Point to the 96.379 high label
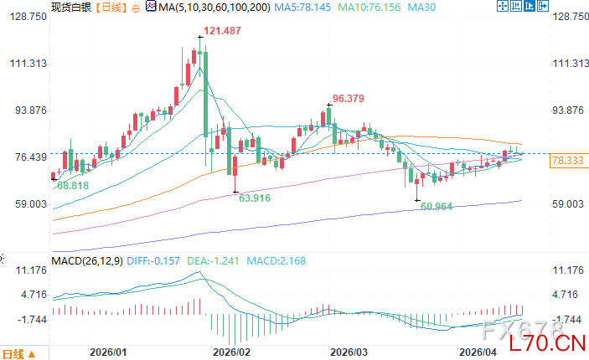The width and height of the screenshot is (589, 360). (x=348, y=98)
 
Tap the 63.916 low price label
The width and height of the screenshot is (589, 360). (x=255, y=198)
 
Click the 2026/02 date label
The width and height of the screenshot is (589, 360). (x=230, y=352)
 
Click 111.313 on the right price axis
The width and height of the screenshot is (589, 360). (x=569, y=64)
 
